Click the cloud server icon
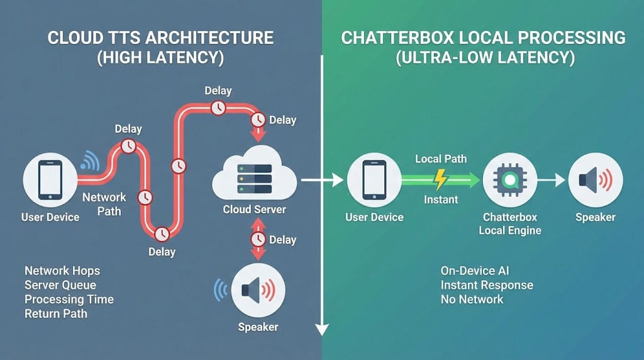coord(254,175)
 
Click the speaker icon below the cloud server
coord(258,290)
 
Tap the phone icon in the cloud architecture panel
coord(50,180)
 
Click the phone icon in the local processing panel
coord(374,180)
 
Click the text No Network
coord(472,299)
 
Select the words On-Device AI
coord(475,271)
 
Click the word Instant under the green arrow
coord(441,200)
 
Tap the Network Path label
coord(104,204)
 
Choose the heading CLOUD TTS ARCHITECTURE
coord(161,37)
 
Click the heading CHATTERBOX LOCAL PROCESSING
coord(483,37)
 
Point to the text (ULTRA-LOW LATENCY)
coord(483,59)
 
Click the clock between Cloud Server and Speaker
coord(258,240)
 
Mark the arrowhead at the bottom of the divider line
coord(322,328)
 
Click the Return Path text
coord(55,313)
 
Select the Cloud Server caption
coord(254,209)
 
